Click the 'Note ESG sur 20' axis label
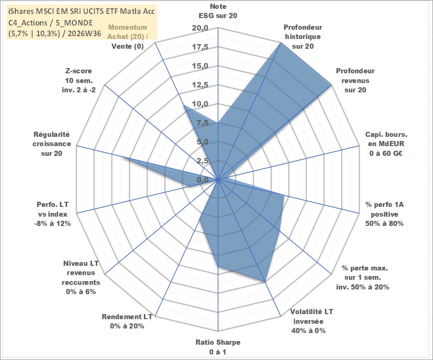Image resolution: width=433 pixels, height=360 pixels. [x=218, y=11]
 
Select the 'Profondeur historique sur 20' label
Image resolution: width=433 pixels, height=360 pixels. [x=303, y=37]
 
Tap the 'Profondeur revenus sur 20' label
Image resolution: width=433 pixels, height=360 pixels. [x=355, y=80]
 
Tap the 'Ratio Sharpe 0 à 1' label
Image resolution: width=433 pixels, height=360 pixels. [x=218, y=347]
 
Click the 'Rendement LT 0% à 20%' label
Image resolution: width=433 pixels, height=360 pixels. [x=127, y=321]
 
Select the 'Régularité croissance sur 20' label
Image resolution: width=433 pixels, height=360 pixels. [x=52, y=144]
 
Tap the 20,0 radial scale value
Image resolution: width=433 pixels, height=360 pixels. [x=200, y=28]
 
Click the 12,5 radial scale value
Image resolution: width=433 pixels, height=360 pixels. [x=200, y=85]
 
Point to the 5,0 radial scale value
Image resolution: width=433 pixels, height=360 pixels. [x=202, y=142]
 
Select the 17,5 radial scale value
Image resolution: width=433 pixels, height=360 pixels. [x=200, y=47]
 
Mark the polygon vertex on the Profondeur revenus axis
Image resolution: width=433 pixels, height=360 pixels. [x=331, y=85]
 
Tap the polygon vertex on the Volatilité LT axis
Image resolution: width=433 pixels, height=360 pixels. [x=265, y=282]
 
